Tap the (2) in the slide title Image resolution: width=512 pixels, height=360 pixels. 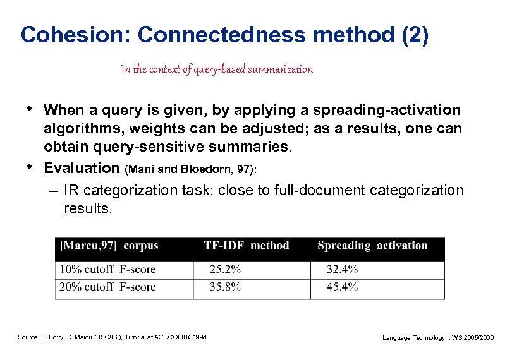click(x=415, y=35)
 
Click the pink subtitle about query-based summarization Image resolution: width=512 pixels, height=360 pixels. click(x=217, y=69)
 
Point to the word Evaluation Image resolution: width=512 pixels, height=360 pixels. click(x=82, y=168)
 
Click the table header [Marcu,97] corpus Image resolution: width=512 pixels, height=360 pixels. click(x=109, y=246)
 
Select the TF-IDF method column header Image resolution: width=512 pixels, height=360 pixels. click(x=246, y=246)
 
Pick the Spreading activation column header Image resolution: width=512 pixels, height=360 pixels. click(x=372, y=246)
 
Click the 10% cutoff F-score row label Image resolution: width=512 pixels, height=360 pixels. click(x=107, y=270)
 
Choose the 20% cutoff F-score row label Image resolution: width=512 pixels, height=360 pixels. click(x=107, y=287)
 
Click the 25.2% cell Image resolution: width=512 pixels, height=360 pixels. click(x=225, y=270)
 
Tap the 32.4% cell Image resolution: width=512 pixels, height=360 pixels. click(x=342, y=270)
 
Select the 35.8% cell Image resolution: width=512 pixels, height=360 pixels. click(x=225, y=287)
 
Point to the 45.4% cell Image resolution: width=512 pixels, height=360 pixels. click(x=342, y=287)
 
